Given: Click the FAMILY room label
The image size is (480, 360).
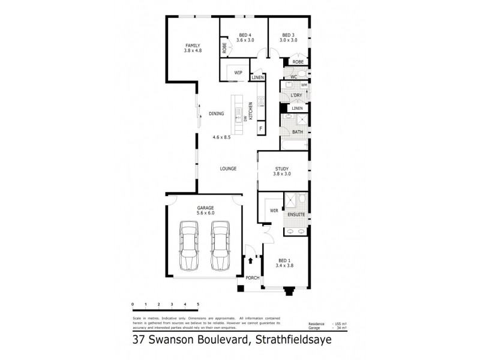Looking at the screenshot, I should (x=192, y=46).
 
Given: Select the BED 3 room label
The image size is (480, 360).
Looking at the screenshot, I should (x=289, y=35).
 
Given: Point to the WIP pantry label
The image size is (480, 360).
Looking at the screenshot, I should (x=238, y=73).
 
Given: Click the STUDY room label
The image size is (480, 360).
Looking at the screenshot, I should (x=283, y=169).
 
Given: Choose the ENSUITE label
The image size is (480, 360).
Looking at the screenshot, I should (x=296, y=214).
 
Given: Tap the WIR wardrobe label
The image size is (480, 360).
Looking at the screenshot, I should (x=274, y=211).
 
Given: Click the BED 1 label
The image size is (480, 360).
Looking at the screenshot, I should (x=284, y=260).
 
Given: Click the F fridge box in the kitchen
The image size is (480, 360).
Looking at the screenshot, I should (x=261, y=129).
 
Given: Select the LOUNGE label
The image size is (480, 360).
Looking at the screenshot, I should (x=227, y=169).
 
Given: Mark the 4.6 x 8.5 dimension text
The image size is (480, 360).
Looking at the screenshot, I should (x=221, y=137).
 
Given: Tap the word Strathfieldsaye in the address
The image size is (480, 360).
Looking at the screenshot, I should (x=290, y=340).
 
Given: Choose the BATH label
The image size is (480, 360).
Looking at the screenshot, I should (x=297, y=132).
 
